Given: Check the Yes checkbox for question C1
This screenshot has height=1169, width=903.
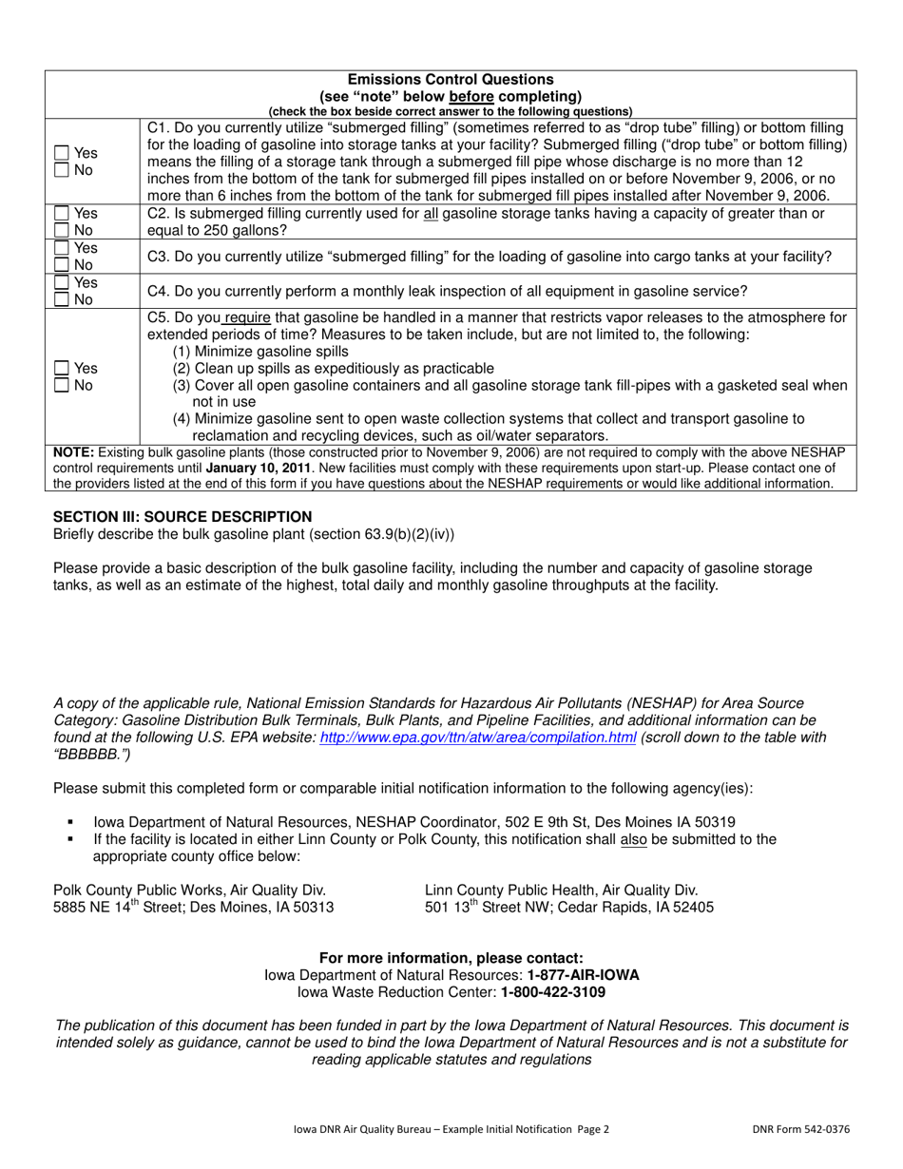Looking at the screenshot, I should point(62,153).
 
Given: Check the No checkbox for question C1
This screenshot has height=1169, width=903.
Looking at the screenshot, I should point(62,171).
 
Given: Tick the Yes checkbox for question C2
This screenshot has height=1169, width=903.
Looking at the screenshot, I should point(62,214).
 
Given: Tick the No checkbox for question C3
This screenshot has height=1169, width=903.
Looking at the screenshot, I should point(62,265).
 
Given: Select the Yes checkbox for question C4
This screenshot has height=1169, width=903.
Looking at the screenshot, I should point(62,282).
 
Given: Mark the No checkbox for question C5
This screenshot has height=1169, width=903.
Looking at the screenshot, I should point(62,386).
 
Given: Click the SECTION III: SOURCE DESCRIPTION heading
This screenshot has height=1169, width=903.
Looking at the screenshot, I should point(183,516).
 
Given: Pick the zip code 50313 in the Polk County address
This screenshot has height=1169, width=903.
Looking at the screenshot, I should point(314,908).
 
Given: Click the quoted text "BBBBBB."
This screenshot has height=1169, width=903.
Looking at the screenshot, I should point(92,755).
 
